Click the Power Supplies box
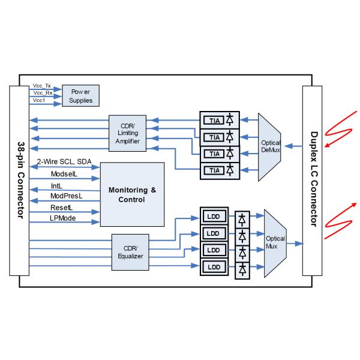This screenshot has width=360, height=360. (81, 96)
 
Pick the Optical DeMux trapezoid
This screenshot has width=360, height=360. (269, 146)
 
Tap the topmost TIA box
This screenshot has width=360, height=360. (211, 119)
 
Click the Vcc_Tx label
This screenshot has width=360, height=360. (41, 86)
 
